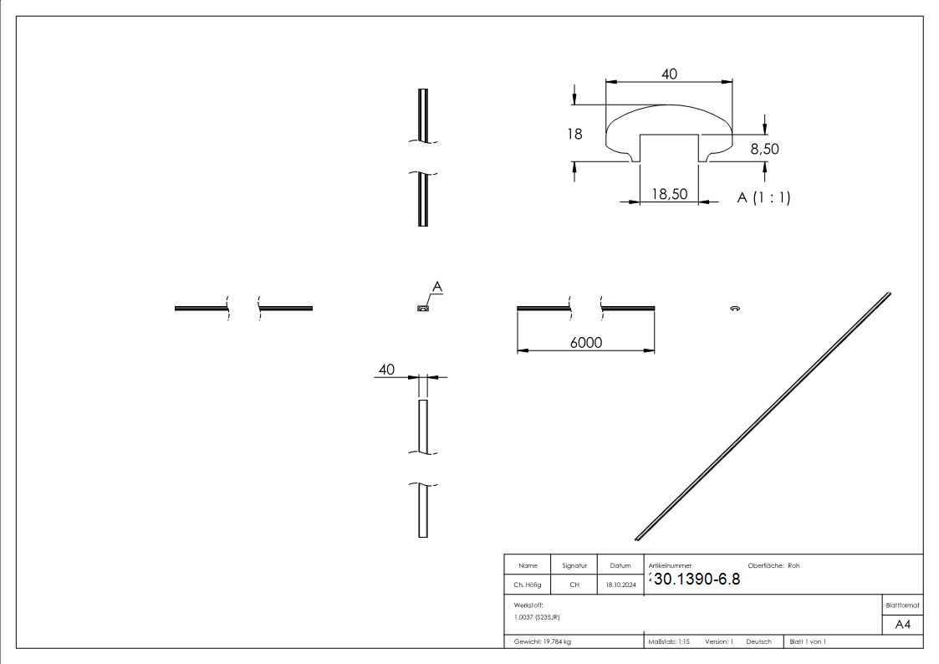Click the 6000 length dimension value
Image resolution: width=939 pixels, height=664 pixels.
586,343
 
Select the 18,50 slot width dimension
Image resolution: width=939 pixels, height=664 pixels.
669,194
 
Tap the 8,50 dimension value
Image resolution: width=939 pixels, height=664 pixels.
765,149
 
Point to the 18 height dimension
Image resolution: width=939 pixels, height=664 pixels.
574,133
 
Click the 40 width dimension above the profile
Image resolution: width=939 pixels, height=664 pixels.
669,74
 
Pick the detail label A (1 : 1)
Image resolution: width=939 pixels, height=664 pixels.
763,197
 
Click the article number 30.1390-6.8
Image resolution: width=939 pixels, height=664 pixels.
696,580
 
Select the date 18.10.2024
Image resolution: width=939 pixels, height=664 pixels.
620,585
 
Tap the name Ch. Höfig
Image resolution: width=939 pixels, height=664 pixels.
528,585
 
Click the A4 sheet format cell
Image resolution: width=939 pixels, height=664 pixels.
902,625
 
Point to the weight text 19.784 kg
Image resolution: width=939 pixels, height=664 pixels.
543,641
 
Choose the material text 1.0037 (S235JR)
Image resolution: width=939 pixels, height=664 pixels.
537,616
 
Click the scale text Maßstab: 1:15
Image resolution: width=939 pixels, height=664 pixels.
669,641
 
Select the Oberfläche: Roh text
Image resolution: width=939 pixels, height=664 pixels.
773,566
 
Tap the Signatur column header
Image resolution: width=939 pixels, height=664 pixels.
574,566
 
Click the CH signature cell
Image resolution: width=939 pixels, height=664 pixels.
574,585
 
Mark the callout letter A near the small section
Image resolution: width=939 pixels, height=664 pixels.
436,287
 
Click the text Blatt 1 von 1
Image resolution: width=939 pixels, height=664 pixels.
808,641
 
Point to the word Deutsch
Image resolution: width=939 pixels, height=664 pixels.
758,641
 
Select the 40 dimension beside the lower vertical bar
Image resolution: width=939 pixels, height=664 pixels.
386,369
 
